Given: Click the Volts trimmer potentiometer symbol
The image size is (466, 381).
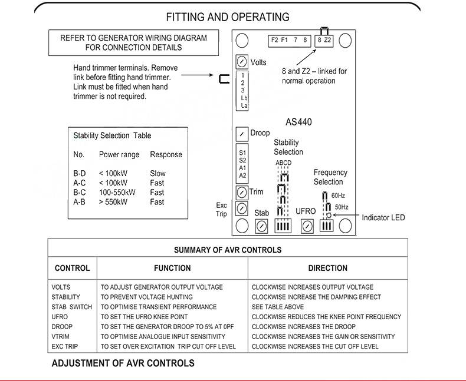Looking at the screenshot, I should point(241,61).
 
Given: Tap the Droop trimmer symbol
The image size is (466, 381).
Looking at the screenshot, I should point(241,134).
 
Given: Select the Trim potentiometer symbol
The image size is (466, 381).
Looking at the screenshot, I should point(241,193).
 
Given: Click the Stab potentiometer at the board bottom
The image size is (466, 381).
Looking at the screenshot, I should point(261,226).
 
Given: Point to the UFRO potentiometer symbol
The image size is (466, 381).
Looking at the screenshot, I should point(306,226).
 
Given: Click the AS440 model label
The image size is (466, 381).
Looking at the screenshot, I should point(298,122).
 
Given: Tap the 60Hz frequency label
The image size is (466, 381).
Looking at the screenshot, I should point(338,195).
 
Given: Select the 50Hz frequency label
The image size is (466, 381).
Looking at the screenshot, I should point(341,207).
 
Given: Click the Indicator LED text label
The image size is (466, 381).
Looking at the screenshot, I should point(383,218).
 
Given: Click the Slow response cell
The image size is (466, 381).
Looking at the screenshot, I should point(157,174).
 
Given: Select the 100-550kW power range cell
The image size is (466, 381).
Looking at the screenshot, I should point(117,193).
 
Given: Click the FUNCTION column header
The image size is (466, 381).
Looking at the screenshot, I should point(172,268).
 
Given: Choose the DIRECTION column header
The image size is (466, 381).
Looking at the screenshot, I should point(327,268).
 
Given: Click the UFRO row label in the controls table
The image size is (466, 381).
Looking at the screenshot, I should point(60,317).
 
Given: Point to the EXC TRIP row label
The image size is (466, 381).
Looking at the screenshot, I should point(64,347).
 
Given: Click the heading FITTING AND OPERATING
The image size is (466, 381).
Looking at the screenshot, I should point(228,17).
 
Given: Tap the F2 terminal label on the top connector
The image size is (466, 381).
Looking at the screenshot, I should point(274,40).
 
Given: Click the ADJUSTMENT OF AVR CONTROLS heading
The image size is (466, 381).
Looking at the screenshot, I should point(123,363).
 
